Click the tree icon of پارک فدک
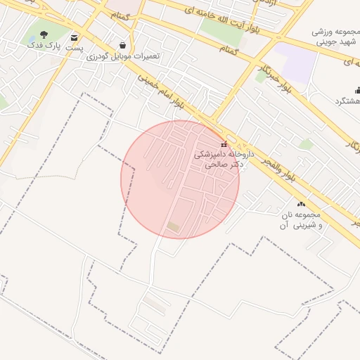point(44,34)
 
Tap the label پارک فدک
point(44,46)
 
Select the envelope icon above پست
point(75,37)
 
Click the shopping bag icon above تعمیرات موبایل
point(124,45)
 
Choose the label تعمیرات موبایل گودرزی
point(123,56)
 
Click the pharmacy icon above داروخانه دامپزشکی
point(224,145)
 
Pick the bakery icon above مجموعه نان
point(302,204)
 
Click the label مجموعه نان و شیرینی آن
point(299,219)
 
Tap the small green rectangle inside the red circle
point(173,226)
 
